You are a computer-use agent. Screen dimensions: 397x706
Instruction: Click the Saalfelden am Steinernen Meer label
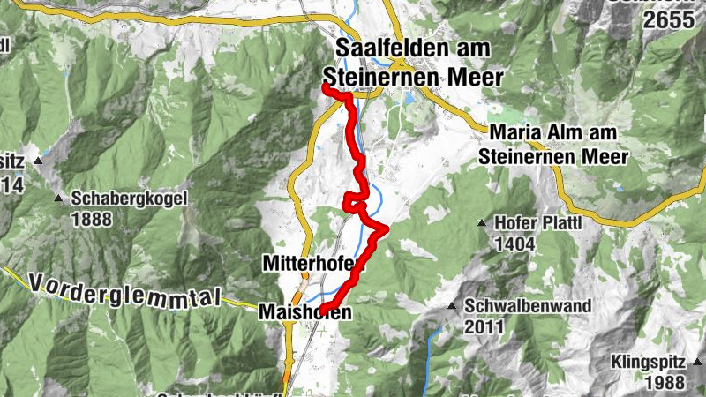(x=418, y=62)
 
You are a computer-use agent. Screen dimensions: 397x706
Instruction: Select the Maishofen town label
(x=305, y=311)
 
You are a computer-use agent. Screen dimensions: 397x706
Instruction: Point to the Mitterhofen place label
(x=313, y=264)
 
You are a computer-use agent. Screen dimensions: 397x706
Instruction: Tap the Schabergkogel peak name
(x=131, y=198)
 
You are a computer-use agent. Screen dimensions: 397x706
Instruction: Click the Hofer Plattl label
(x=537, y=223)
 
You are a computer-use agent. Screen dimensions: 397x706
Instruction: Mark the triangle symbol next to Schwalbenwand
(x=453, y=307)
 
